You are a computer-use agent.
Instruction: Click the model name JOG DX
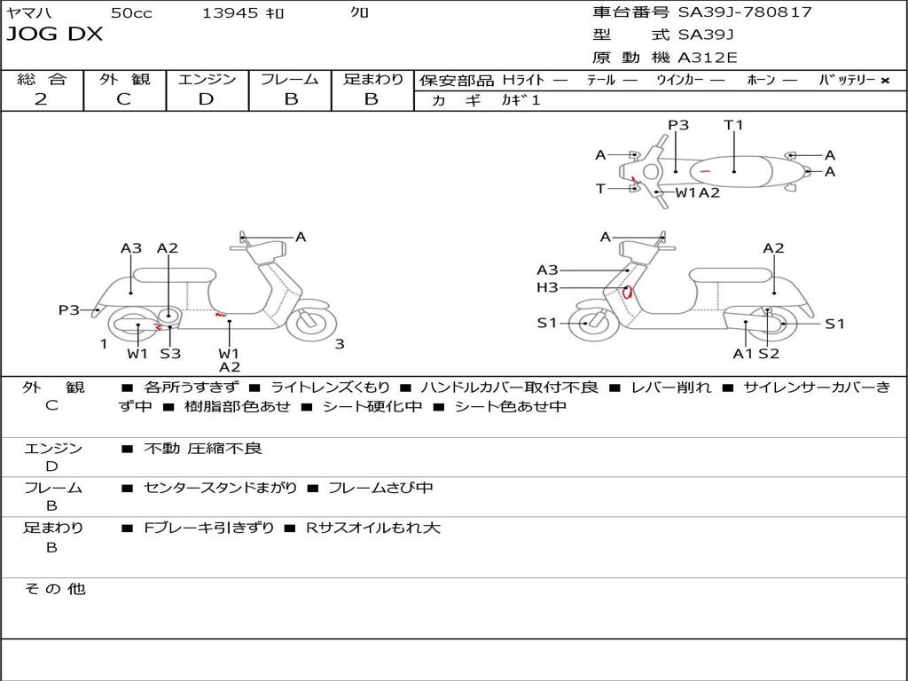pyautogui.click(x=55, y=35)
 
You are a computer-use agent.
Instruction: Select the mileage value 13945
pyautogui.click(x=230, y=13)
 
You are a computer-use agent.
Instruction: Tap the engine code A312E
pyautogui.click(x=707, y=59)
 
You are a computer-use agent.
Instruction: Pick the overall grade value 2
pyautogui.click(x=41, y=99)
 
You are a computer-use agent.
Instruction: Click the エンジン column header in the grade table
pyautogui.click(x=207, y=79)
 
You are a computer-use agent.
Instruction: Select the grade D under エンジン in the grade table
pyautogui.click(x=207, y=99)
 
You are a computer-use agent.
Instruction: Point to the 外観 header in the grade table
pyautogui.click(x=124, y=79)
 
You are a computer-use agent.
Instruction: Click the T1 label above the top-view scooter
pyautogui.click(x=733, y=125)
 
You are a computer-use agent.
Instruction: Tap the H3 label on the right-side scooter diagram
pyautogui.click(x=547, y=287)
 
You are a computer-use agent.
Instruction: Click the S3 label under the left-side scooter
pyautogui.click(x=170, y=354)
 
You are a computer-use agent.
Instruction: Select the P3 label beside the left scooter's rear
pyautogui.click(x=69, y=309)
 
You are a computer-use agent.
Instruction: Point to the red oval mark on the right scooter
pyautogui.click(x=628, y=292)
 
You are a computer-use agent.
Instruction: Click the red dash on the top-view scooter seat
pyautogui.click(x=705, y=170)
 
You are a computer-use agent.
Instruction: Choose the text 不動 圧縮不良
pyautogui.click(x=203, y=449)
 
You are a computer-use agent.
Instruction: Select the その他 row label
pyautogui.click(x=55, y=589)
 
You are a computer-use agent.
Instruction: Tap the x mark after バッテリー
pyautogui.click(x=885, y=80)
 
